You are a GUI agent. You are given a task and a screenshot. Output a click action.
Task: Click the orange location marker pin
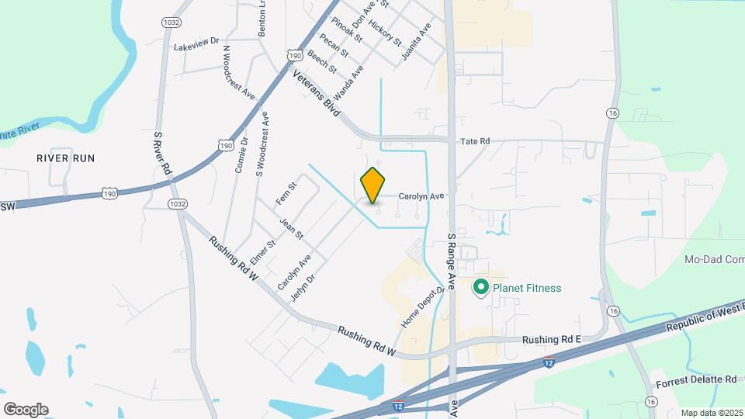coord(373,185)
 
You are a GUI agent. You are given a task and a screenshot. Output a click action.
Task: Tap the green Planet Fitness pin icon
coord(480,289)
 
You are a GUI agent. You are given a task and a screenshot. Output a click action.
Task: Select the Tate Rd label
coord(475,141)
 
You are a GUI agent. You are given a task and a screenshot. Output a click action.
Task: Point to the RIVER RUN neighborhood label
coord(65,158)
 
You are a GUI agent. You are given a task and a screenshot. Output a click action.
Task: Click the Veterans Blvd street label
coord(317,94)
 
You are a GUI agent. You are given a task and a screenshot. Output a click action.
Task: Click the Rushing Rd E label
coord(551,340)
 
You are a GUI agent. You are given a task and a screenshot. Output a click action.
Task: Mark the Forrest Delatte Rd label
coord(696,380)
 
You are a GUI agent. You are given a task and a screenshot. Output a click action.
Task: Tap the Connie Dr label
coord(241,155)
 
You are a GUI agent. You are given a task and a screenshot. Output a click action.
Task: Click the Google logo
coord(26,410)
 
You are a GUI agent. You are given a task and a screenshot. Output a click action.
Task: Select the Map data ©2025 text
coord(712,413)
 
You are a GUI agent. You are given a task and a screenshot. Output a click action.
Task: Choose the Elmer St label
coord(264,253)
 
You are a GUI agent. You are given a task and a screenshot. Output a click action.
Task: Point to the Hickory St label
coord(386,31)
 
